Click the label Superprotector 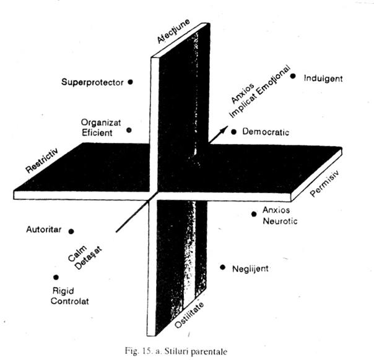coord(93,81)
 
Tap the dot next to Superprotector coord(130,81)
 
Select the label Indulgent coord(324,79)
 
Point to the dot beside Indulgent coord(293,77)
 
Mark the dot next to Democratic coord(234,132)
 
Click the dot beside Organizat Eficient coord(129,130)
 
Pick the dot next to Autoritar coord(71,231)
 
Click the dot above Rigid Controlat coord(56,278)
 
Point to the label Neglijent coord(251,269)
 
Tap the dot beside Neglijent coord(222,267)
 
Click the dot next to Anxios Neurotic coord(254,214)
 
